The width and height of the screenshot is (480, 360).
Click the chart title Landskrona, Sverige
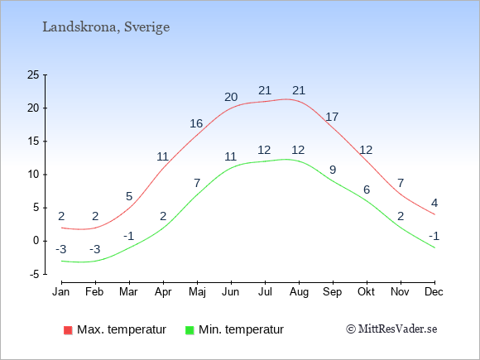click(106, 27)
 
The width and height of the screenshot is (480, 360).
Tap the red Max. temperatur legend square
click(68, 330)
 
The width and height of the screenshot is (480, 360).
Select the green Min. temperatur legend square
click(190, 330)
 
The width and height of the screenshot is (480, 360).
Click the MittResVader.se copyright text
click(391, 329)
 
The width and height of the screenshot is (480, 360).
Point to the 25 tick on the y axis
click(33, 74)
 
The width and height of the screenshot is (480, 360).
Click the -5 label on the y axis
click(35, 275)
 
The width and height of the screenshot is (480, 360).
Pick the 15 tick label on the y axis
click(33, 142)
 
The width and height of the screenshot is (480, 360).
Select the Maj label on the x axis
click(197, 292)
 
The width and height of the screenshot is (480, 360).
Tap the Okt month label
click(366, 292)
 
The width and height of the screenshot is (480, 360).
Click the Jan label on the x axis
click(61, 292)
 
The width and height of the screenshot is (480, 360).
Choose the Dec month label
click(434, 292)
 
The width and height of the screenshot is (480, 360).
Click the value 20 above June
click(231, 97)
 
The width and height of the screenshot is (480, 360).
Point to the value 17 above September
click(332, 117)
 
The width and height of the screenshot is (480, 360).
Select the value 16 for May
click(196, 123)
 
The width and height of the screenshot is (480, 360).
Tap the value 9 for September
click(333, 170)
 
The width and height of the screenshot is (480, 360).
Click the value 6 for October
click(367, 190)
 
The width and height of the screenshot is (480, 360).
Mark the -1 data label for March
click(129, 236)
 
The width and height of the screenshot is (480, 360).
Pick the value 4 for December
click(434, 203)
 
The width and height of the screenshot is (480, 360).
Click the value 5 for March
click(129, 196)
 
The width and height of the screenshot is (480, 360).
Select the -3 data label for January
click(61, 249)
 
